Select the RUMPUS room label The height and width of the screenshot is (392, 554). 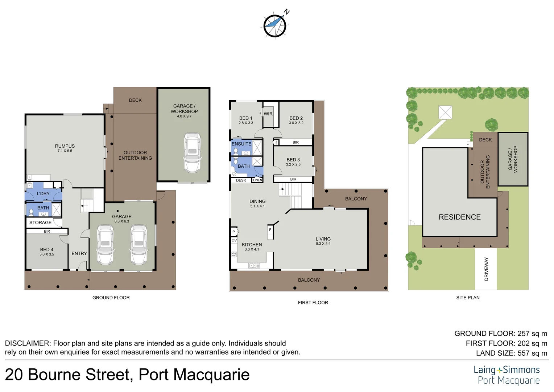coord(65,146)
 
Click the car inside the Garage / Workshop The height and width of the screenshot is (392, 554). coord(192,153)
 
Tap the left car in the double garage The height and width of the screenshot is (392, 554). coord(105,245)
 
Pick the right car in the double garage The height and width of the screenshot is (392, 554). coord(138,245)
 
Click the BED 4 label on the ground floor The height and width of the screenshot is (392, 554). coord(47,250)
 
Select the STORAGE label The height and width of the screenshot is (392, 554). coord(40,222)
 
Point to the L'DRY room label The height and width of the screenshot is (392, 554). coord(43,193)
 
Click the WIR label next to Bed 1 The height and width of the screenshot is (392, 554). coord(268,114)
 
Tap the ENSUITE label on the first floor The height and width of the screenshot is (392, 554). coord(241,144)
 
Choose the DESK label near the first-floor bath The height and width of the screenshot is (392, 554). coord(241,180)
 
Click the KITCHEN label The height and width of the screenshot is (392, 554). coord(252,245)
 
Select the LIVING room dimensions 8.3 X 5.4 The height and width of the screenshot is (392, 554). coord(323,244)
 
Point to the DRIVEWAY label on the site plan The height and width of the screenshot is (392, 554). coord(486,269)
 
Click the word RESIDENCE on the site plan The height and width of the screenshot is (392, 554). coord(459,217)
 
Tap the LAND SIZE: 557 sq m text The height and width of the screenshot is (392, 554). coord(512,353)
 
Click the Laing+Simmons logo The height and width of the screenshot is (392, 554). coord(507,375)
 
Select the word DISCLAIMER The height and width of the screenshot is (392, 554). coord(28,343)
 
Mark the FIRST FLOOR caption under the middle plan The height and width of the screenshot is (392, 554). coord(313,302)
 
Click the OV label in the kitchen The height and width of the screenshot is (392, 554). coord(234,240)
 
